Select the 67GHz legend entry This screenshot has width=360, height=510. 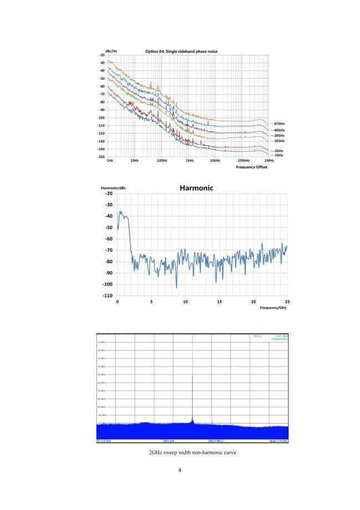click(279, 124)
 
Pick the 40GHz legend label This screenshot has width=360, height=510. click(279, 130)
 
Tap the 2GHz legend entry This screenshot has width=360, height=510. click(279, 151)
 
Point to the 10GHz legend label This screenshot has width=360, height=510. click(279, 141)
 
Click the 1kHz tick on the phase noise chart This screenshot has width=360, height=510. click(189, 161)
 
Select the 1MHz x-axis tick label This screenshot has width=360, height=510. click(269, 161)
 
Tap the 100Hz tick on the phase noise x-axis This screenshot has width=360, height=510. click(162, 161)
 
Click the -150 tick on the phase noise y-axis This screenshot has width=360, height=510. click(101, 157)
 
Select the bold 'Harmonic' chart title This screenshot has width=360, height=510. click(196, 188)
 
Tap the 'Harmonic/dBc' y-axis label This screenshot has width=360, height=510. click(113, 188)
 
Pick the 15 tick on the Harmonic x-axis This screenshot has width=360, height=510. click(219, 302)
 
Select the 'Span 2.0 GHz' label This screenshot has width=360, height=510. click(277, 441)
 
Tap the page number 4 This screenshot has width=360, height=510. click(180, 470)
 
